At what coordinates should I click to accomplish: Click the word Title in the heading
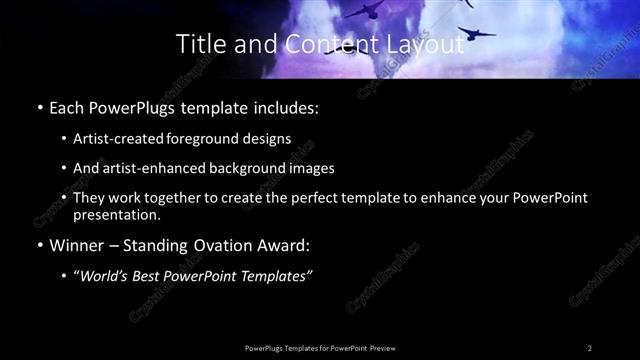click(198, 43)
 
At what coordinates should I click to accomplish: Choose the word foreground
click(210, 138)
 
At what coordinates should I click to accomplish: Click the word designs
click(269, 138)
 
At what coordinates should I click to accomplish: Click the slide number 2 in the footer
click(590, 348)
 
